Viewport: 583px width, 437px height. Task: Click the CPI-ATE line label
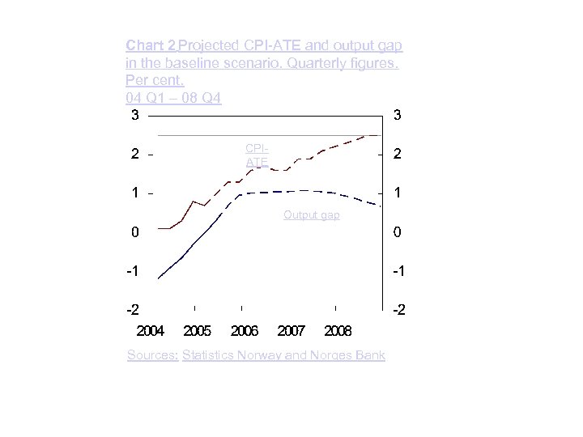[x=257, y=155]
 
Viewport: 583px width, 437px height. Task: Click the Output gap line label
[x=311, y=215]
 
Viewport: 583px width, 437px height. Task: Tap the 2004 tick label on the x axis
[x=150, y=331]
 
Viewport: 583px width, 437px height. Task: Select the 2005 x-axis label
[x=197, y=331]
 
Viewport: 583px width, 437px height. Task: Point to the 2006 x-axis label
[x=244, y=331]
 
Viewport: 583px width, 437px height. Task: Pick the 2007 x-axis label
[x=291, y=331]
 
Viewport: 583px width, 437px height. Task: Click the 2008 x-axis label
[x=338, y=331]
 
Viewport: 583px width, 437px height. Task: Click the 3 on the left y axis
[x=135, y=115]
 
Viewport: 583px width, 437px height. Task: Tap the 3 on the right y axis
[x=397, y=115]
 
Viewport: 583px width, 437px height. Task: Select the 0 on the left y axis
[x=135, y=232]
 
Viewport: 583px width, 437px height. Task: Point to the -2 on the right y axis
[x=397, y=310]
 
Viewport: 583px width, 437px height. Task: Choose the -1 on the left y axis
[x=133, y=271]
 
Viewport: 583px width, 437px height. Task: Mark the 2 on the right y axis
[x=397, y=154]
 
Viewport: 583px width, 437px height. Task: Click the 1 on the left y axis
[x=135, y=193]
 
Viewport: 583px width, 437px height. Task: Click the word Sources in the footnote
[x=152, y=355]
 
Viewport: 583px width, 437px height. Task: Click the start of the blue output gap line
[x=159, y=278]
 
